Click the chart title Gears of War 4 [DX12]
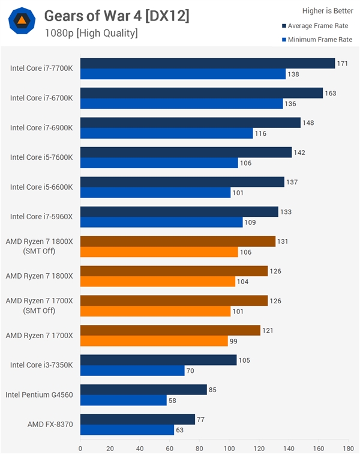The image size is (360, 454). tap(116, 16)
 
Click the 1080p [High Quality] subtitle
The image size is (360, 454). tap(91, 33)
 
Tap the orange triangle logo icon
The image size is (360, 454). tap(21, 21)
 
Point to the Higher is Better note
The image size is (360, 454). tap(326, 10)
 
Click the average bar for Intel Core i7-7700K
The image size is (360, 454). tap(207, 63)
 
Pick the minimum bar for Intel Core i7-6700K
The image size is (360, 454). tap(181, 104)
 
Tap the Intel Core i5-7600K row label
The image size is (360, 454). tap(41, 157)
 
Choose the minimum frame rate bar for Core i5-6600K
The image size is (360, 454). tap(155, 193)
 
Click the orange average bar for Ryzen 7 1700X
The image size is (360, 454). tap(170, 330)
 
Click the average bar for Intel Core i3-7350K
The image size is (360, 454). tap(158, 360)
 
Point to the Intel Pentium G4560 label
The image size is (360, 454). tap(39, 395)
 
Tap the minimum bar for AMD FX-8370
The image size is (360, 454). tap(127, 430)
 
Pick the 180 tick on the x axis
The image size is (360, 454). tap(348, 447)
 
